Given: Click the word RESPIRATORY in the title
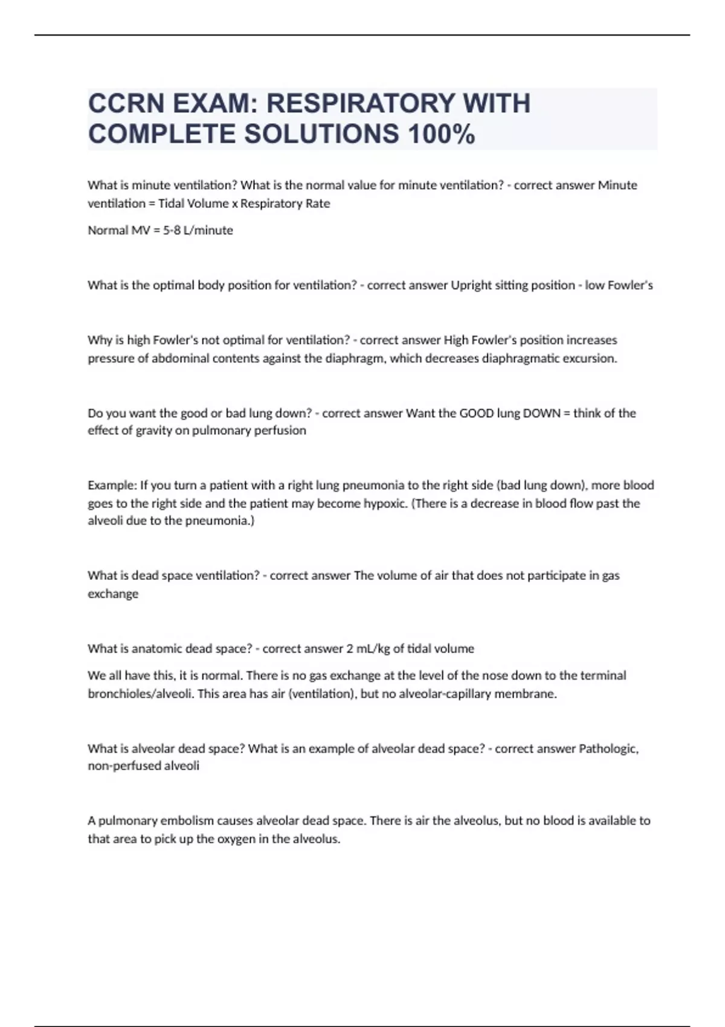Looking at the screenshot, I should tap(360, 103).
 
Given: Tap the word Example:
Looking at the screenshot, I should tap(112, 485).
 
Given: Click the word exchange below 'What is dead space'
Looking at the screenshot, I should tap(113, 594).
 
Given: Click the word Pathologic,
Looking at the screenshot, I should tap(608, 749).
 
